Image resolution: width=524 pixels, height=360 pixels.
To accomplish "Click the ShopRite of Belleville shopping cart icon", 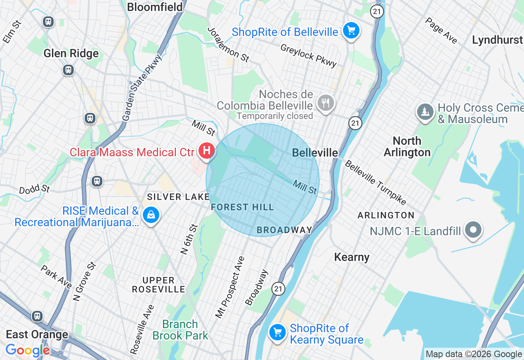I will [x=351, y=31].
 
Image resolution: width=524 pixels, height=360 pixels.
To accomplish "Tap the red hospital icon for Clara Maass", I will [x=207, y=150].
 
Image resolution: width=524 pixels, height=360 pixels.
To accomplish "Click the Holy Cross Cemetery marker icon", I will [x=425, y=111].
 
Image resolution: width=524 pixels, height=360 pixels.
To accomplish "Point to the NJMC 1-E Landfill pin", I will [x=473, y=230].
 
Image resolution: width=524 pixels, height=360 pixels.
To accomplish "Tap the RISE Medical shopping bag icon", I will [x=151, y=214].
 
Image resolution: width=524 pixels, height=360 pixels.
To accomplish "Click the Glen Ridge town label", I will [x=71, y=53].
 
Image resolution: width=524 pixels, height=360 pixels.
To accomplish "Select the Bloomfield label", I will [x=155, y=7].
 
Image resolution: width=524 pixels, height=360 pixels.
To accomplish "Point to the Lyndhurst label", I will [x=497, y=40].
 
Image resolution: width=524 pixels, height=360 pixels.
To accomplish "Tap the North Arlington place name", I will [x=407, y=146].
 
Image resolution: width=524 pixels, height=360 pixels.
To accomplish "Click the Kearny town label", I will [x=352, y=257].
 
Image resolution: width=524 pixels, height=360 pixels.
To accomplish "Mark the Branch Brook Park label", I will [x=180, y=330].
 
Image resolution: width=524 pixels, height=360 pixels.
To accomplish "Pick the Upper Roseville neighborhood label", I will [x=158, y=285].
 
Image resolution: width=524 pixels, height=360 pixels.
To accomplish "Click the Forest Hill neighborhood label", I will [x=242, y=207].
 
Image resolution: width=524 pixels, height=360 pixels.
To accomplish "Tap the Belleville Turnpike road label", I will [x=375, y=182].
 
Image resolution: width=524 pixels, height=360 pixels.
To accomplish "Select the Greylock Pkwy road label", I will [x=308, y=55].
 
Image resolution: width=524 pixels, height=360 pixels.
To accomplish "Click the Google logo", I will [x=27, y=350].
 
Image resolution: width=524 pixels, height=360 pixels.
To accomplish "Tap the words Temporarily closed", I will [x=275, y=116].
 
